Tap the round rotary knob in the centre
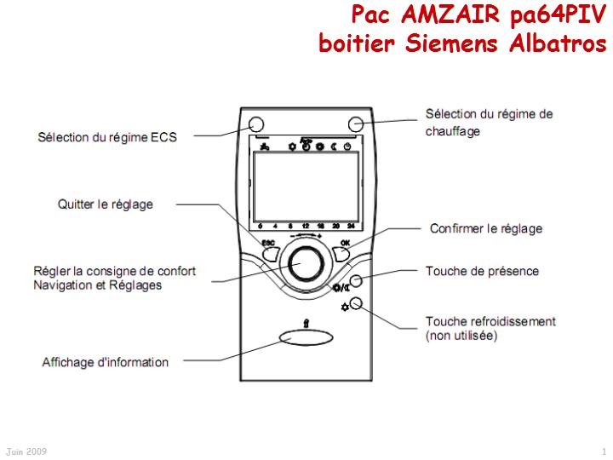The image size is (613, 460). [x=304, y=262]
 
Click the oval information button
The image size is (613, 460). [x=306, y=340]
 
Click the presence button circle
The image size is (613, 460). [x=358, y=280]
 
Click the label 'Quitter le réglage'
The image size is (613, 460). [x=106, y=204]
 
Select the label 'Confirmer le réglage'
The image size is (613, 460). [x=486, y=228]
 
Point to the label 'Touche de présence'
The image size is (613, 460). [x=482, y=272]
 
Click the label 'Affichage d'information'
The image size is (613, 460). [x=106, y=362]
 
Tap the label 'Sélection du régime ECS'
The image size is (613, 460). [x=108, y=136]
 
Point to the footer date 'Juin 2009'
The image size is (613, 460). [x=26, y=451]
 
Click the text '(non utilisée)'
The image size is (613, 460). [x=461, y=336]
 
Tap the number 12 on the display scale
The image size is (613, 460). [x=304, y=226]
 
